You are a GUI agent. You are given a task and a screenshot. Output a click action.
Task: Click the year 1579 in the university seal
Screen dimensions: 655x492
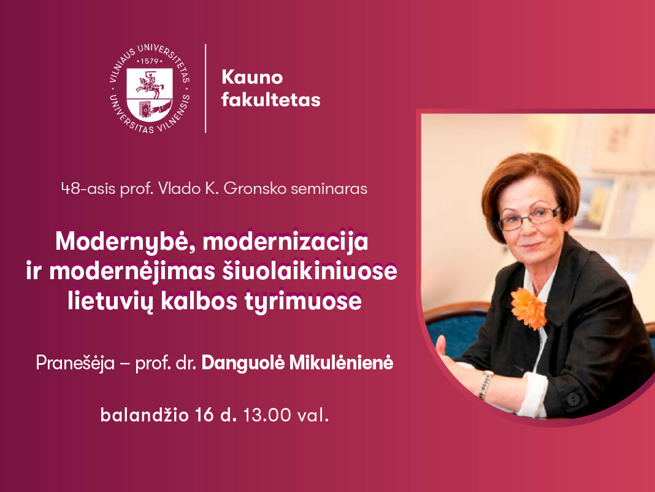tap(149, 61)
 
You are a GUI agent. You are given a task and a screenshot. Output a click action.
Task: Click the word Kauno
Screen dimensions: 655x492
tap(252, 77)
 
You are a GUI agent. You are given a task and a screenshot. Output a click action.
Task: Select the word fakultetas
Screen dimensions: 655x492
tap(270, 100)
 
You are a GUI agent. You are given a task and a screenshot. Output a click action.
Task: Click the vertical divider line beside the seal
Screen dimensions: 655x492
tap(205, 88)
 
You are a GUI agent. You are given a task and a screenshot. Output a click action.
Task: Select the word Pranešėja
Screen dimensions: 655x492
tap(75, 363)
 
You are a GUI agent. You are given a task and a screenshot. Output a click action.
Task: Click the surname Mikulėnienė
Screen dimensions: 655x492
tap(341, 363)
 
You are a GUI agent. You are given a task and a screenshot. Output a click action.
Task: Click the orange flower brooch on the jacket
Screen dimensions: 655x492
tap(529, 308)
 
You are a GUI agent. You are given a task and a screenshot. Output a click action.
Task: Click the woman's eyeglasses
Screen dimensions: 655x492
tap(530, 217)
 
